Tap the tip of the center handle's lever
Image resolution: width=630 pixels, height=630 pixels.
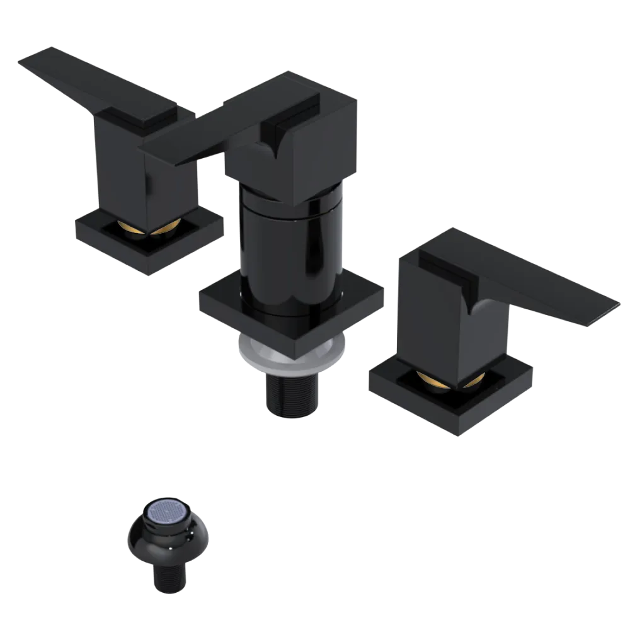151,152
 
